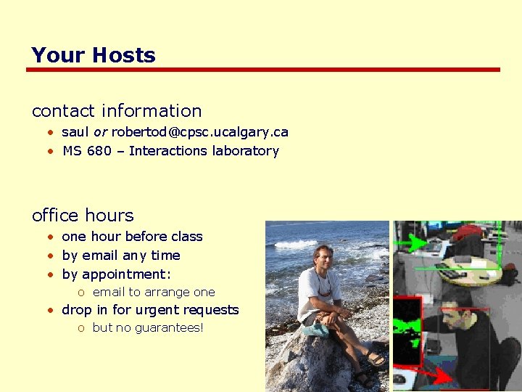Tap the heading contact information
click(x=117, y=111)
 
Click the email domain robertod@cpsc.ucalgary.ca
click(x=199, y=132)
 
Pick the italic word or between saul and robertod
click(x=100, y=132)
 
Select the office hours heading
click(x=83, y=216)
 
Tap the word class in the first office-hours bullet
click(x=186, y=237)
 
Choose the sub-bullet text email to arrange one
click(x=154, y=292)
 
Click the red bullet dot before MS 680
click(x=51, y=152)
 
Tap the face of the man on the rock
click(x=322, y=258)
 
